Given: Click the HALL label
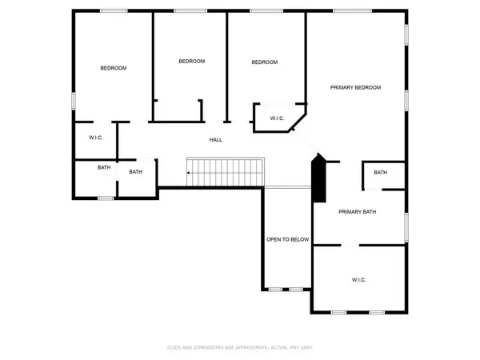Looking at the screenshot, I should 215,140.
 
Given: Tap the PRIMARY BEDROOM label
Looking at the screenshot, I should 356,87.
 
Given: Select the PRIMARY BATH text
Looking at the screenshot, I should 357,212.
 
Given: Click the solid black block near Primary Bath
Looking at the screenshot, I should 319,180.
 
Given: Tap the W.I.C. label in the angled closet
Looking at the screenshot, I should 277,118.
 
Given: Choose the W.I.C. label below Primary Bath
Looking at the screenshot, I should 358,279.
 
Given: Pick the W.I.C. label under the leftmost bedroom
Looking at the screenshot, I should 95,138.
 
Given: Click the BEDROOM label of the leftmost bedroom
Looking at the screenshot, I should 113,68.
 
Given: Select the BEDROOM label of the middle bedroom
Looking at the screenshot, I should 191,62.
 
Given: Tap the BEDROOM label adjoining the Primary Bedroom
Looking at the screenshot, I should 264,62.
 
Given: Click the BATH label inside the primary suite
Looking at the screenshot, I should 380,173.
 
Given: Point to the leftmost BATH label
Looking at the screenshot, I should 104,167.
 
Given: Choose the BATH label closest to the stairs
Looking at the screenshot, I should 136,171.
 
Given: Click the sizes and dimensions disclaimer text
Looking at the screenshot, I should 239,347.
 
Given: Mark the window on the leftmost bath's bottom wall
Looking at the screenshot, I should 105,197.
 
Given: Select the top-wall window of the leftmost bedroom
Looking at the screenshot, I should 114,10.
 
